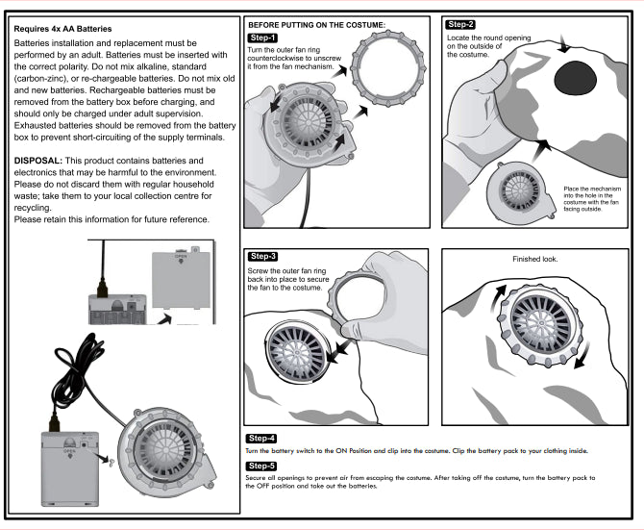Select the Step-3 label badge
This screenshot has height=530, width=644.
pyautogui.click(x=263, y=257)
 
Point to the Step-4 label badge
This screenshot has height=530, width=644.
pyautogui.click(x=263, y=438)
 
